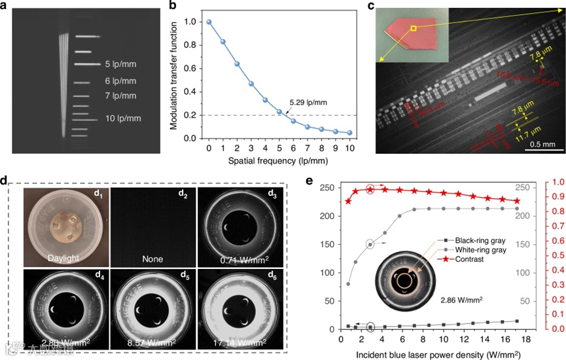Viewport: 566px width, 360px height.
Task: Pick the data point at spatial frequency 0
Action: click(x=209, y=22)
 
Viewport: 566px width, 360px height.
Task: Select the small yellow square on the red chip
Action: click(x=414, y=29)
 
